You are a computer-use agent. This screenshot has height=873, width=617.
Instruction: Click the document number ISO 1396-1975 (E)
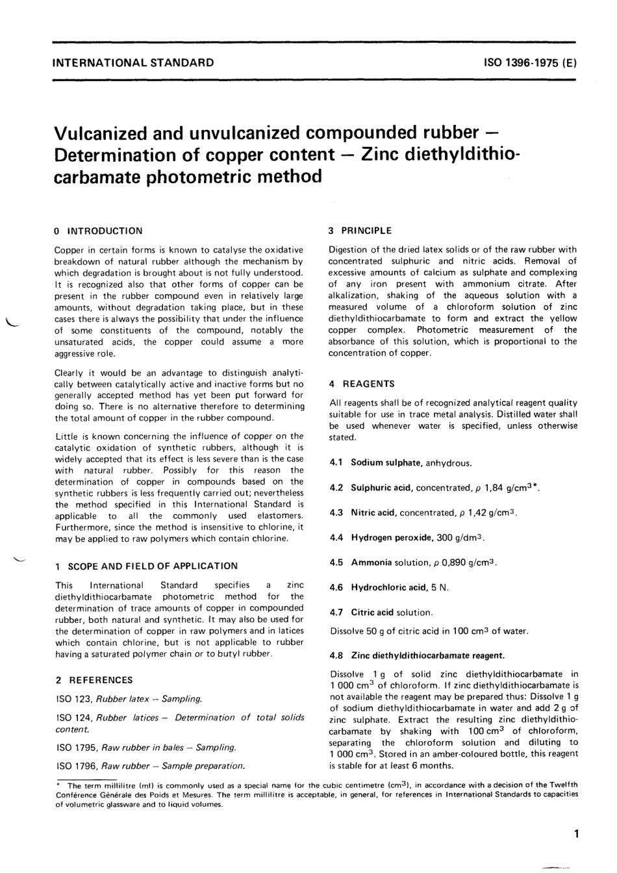tap(530, 63)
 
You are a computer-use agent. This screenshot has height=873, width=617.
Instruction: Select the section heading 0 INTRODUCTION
tap(98, 231)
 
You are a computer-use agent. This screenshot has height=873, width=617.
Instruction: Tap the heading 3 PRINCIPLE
tap(360, 230)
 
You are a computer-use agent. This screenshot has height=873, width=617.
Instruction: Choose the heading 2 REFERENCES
tap(94, 680)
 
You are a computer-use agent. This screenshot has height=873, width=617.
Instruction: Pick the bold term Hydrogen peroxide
tap(392, 538)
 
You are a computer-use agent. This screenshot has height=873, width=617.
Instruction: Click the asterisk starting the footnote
tap(58, 785)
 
